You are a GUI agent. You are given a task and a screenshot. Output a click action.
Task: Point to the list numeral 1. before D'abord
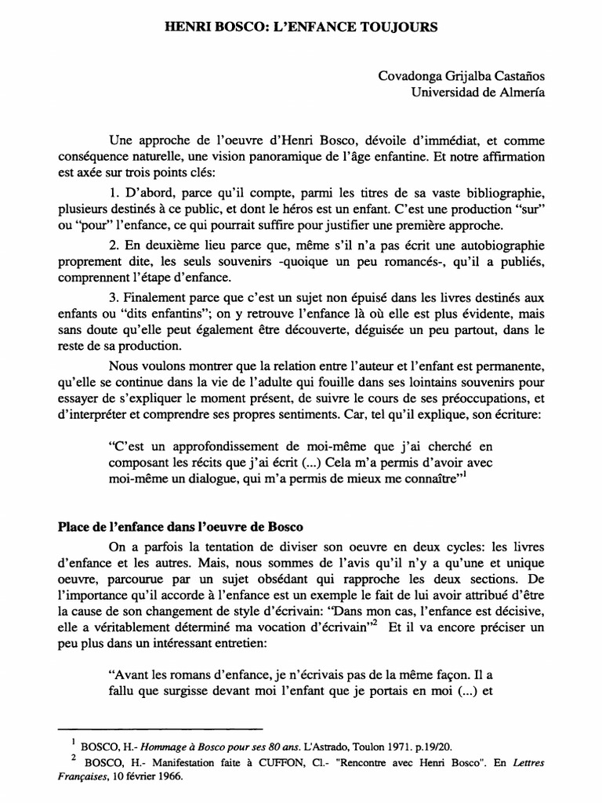coord(114,193)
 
